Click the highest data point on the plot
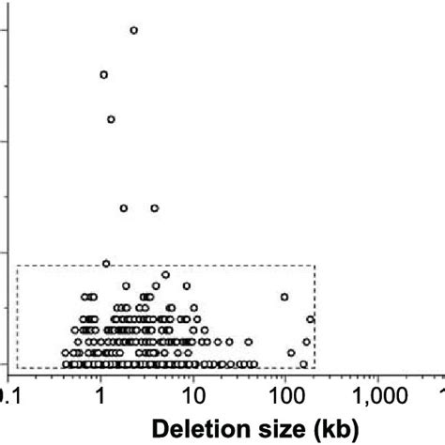click(x=133, y=30)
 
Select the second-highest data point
click(x=103, y=74)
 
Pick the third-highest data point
click(x=111, y=119)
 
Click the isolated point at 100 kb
click(x=284, y=297)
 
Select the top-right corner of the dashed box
click(x=315, y=266)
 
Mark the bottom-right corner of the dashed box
click(x=315, y=368)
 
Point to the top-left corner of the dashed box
click(x=17, y=266)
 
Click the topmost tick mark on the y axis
click(x=5, y=30)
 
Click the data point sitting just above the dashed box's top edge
click(x=106, y=263)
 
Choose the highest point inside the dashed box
click(x=165, y=275)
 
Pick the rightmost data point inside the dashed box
click(x=311, y=319)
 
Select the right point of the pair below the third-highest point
click(x=155, y=207)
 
